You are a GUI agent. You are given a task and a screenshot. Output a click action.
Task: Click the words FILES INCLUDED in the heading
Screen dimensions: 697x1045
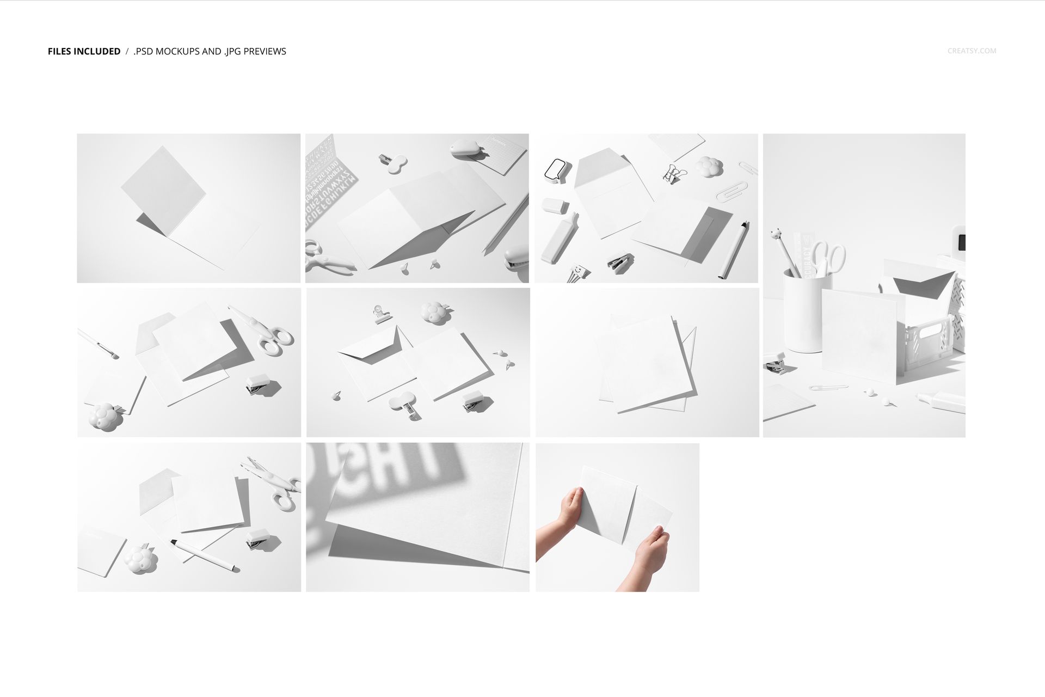[x=84, y=51]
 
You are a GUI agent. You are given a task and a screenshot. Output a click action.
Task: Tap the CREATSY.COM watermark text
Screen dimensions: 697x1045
[x=972, y=51]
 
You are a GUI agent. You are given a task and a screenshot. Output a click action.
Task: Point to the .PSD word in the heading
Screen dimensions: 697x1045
[x=145, y=51]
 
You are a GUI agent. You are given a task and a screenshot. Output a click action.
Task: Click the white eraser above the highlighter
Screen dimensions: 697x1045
[x=555, y=205]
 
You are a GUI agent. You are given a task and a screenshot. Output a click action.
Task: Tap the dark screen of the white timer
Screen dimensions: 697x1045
[x=961, y=242]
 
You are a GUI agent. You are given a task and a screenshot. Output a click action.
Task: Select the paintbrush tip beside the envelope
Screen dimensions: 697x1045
[x=113, y=355]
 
